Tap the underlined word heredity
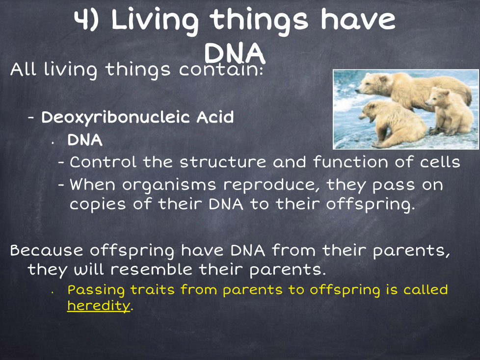coord(99,306)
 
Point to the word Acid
coord(215,117)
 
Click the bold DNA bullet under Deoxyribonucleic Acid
coord(85,140)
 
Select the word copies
coord(98,205)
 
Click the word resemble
coord(151,269)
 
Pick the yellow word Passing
coord(96,290)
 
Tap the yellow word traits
coord(153,289)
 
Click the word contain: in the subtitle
coord(221,70)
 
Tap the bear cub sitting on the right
coord(449,111)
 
